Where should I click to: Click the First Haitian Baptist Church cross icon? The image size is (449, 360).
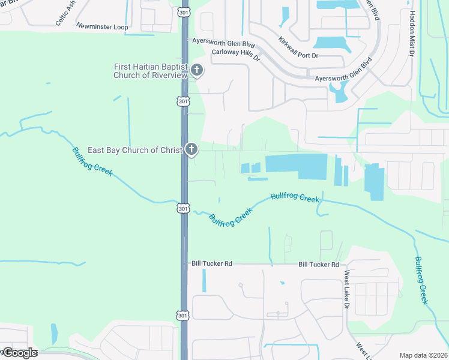(196, 71)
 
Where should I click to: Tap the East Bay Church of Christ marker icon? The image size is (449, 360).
(191, 149)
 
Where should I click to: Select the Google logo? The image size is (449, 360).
(20, 352)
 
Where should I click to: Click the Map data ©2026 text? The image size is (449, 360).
(423, 355)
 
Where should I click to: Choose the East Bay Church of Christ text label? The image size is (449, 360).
(135, 150)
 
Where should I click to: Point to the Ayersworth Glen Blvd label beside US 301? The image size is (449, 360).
(223, 43)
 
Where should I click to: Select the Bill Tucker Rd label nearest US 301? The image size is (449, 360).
(211, 264)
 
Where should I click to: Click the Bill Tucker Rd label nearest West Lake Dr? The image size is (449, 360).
(319, 265)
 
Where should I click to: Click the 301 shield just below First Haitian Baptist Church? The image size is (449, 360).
(184, 101)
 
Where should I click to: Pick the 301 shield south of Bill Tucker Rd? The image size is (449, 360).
(184, 316)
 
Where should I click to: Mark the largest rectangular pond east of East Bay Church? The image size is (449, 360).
(296, 166)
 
